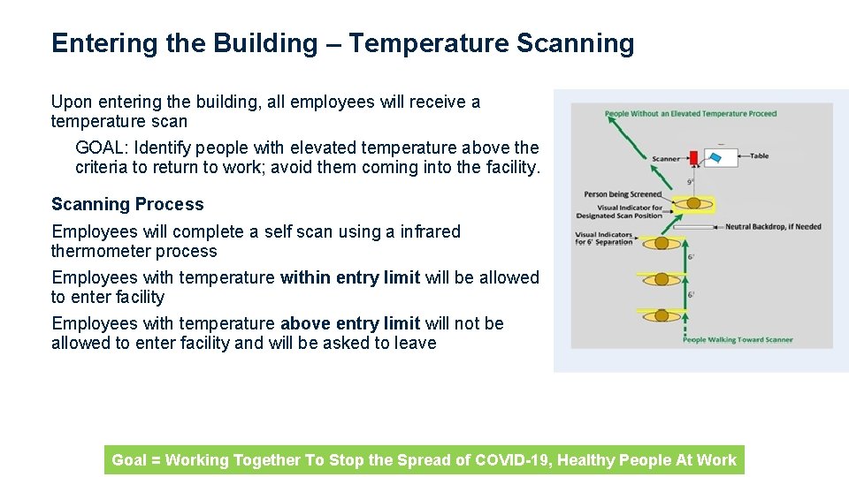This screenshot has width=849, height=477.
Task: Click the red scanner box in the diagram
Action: [x=693, y=157]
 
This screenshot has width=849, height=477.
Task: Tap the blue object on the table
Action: [x=716, y=157]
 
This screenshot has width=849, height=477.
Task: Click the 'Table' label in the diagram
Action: [x=759, y=156]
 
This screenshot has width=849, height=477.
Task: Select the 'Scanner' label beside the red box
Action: [x=666, y=159]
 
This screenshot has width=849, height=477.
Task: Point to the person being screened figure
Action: [x=694, y=203]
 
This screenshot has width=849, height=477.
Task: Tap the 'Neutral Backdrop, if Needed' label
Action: [x=773, y=227]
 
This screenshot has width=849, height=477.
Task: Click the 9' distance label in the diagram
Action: [x=690, y=183]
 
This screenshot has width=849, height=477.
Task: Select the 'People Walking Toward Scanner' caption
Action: [x=738, y=340]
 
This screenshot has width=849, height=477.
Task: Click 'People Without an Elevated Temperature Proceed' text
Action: [x=691, y=114]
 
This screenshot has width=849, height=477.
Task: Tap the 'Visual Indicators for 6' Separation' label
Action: [x=604, y=238]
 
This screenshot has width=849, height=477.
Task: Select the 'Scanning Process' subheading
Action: [x=127, y=204]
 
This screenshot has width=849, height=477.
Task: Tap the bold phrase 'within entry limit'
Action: [x=349, y=277]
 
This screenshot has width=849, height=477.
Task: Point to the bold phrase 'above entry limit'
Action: [x=350, y=323]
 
